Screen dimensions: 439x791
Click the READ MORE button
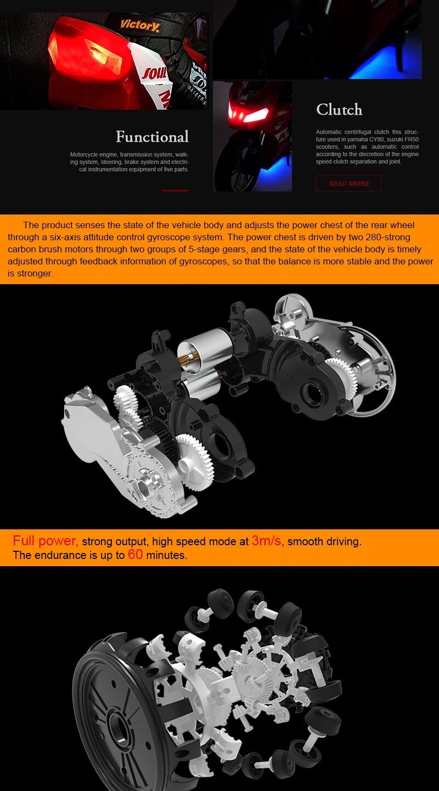348,183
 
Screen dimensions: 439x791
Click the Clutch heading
339,110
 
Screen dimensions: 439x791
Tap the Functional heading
152,137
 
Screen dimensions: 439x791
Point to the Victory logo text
139,25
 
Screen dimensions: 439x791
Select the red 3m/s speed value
267,541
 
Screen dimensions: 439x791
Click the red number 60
136,555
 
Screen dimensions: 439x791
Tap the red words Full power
45,541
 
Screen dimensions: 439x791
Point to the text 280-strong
388,237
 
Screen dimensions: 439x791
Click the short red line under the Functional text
175,191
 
